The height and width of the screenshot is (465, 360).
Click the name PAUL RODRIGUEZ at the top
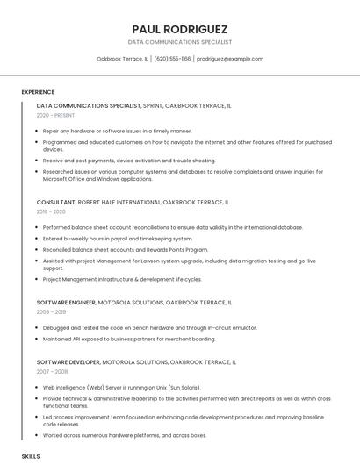180,29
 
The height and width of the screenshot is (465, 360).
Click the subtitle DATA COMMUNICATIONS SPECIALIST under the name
180,42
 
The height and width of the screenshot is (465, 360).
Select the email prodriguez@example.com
229,59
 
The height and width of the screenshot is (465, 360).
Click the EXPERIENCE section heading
38,92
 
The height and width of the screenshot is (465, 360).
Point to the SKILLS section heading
31,457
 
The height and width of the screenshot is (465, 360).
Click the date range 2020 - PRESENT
55,115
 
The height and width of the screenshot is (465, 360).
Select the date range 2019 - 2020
51,211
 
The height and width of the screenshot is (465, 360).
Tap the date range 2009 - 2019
51,311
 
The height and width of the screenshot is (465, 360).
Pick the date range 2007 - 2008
51,371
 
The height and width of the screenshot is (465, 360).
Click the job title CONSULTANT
56,202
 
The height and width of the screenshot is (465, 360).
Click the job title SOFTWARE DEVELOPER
68,361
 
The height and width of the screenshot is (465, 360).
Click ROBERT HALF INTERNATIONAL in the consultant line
119,202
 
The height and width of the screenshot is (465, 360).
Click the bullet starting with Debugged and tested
149,327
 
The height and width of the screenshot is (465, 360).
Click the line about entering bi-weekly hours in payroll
118,238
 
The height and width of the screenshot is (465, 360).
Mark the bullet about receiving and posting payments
129,161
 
